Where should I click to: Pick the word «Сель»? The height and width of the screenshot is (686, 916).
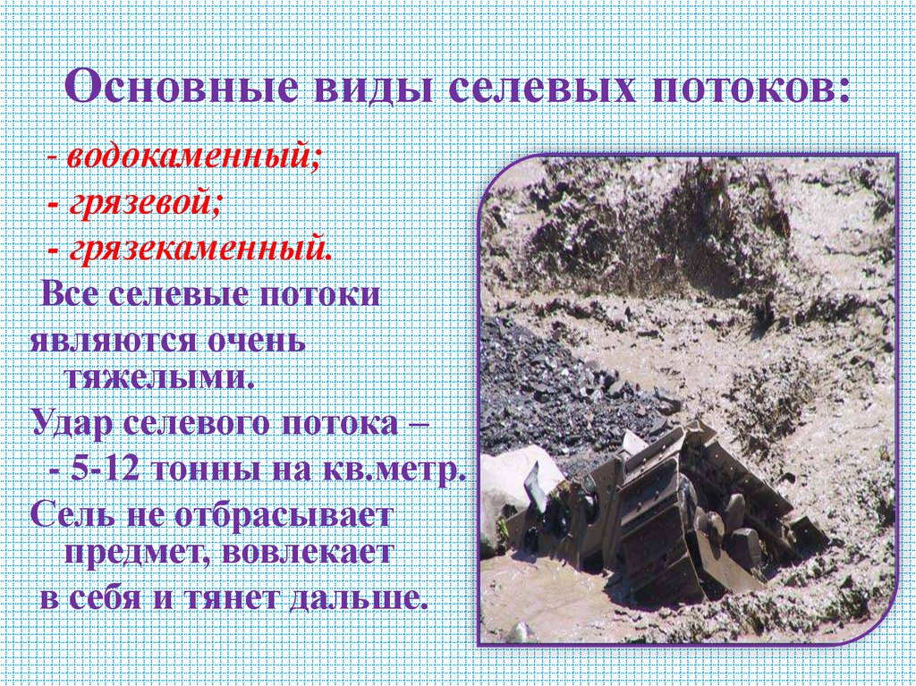(69, 516)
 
